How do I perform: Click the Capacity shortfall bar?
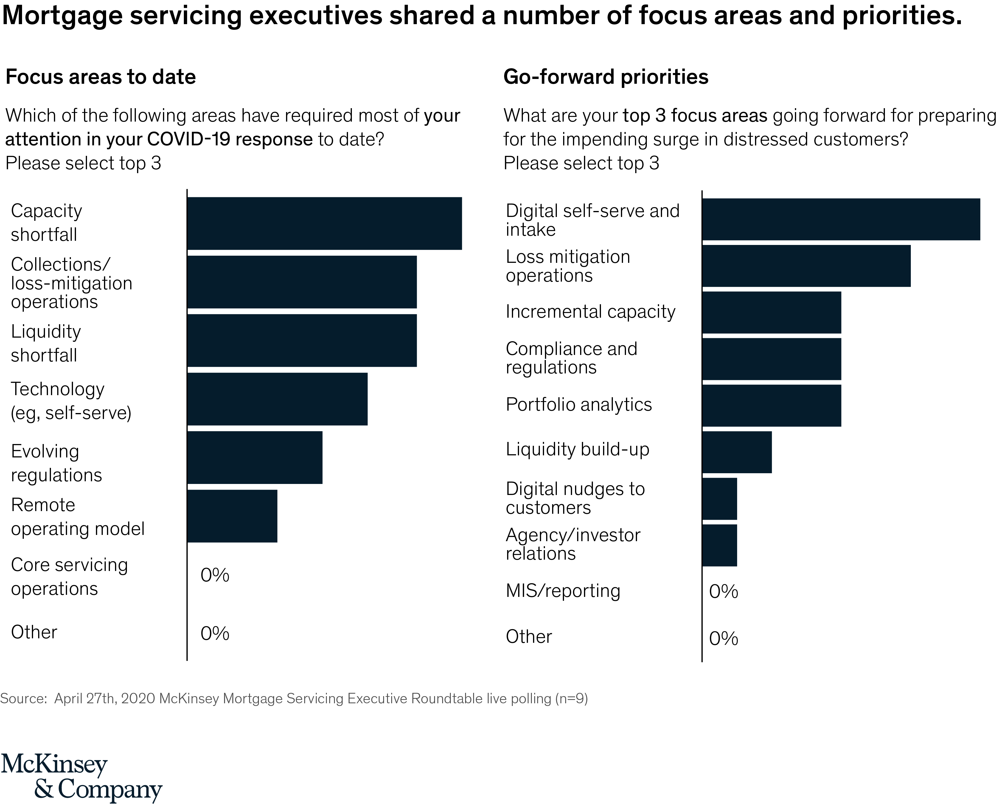click(324, 223)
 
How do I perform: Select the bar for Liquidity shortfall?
click(302, 340)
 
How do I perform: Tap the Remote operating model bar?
click(232, 516)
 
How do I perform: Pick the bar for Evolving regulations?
click(255, 457)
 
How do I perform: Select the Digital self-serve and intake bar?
click(841, 219)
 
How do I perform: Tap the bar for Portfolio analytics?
click(771, 405)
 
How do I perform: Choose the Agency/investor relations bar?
click(720, 545)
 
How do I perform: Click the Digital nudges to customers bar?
click(720, 499)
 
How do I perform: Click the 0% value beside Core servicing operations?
click(215, 575)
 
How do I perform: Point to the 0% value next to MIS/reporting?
click(723, 592)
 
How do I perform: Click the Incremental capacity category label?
click(590, 312)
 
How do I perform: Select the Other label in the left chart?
click(34, 632)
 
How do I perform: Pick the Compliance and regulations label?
click(571, 358)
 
